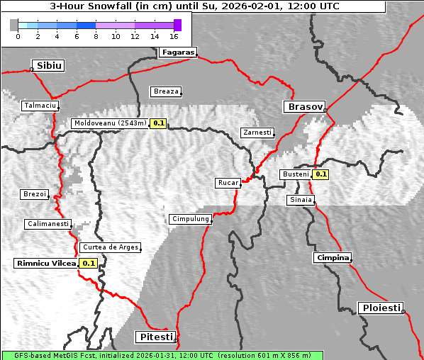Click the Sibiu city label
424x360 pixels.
coord(49,66)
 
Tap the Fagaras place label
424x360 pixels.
coord(177,52)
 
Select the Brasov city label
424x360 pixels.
coord(305,107)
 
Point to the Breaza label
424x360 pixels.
coord(167,91)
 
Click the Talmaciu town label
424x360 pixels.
coord(40,105)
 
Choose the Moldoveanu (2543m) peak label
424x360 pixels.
coord(110,123)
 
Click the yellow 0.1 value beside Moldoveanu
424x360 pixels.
coord(158,123)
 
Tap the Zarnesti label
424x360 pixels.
coord(257,133)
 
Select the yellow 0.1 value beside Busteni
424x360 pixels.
coord(321,174)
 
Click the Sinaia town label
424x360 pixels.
coord(300,200)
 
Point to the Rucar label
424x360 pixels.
coord(228,183)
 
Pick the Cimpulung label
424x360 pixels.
coord(190,219)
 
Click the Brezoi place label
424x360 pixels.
coord(34,194)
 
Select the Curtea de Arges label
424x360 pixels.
coord(110,247)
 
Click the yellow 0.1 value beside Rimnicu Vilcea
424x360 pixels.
coord(89,264)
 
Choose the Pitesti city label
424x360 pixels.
coord(154,336)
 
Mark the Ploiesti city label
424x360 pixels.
coord(381,308)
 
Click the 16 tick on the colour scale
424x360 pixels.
coord(174,35)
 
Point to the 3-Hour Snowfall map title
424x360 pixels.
coord(194,6)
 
